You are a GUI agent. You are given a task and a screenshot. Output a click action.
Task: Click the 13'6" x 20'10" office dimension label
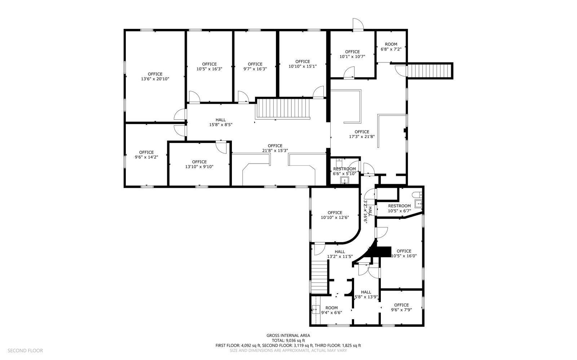pos(155,79)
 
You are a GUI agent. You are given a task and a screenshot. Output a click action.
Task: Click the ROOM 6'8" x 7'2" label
pos(391,46)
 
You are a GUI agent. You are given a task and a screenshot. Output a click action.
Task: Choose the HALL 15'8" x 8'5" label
pos(221,122)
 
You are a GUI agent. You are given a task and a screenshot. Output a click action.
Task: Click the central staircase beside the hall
pos(283,109)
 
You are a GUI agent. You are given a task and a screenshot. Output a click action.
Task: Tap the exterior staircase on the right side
pos(429,71)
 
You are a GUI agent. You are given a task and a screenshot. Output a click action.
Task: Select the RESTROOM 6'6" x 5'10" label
pos(344,171)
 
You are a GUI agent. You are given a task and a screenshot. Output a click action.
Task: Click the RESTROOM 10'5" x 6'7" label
pos(400,208)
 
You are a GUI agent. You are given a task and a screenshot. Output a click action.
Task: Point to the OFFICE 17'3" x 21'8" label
pos(362,134)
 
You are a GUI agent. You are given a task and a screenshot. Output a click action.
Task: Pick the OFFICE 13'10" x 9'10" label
pos(199,164)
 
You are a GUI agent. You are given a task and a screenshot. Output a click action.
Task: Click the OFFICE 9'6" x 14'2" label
pos(146,155)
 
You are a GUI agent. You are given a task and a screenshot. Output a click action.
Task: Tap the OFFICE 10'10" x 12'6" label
pos(335,215)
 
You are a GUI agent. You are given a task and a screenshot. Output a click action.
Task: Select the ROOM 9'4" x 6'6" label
pos(331,310)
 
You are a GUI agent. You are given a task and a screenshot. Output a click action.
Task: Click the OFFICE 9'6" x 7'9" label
pos(401,307)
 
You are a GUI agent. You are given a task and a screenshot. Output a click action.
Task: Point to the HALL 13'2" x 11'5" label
pos(340,254)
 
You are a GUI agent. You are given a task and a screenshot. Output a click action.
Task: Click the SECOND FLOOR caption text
pos(25,351)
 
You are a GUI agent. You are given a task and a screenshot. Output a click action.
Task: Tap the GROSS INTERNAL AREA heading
pos(288,335)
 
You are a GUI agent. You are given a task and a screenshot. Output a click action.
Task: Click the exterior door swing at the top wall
pos(358,25)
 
